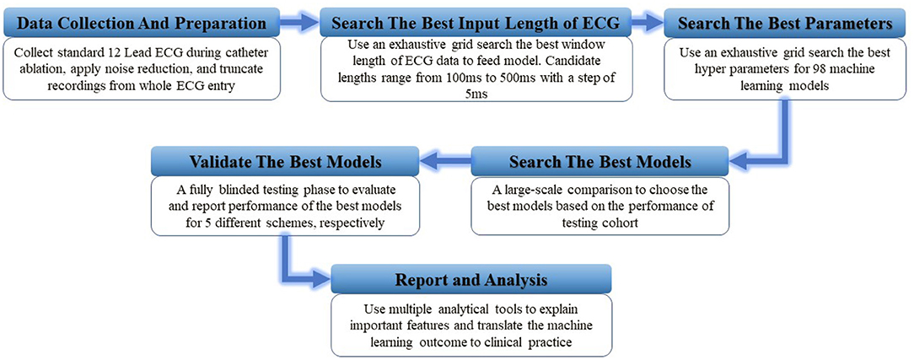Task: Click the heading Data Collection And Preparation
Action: [x=142, y=24]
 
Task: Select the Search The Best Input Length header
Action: [x=476, y=24]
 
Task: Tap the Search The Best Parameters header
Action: [x=785, y=24]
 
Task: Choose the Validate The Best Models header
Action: [x=284, y=161]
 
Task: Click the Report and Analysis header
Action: [x=471, y=280]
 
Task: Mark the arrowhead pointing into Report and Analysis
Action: [x=320, y=279]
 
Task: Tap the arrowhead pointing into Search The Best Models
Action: [x=739, y=158]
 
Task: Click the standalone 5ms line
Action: [x=477, y=92]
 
